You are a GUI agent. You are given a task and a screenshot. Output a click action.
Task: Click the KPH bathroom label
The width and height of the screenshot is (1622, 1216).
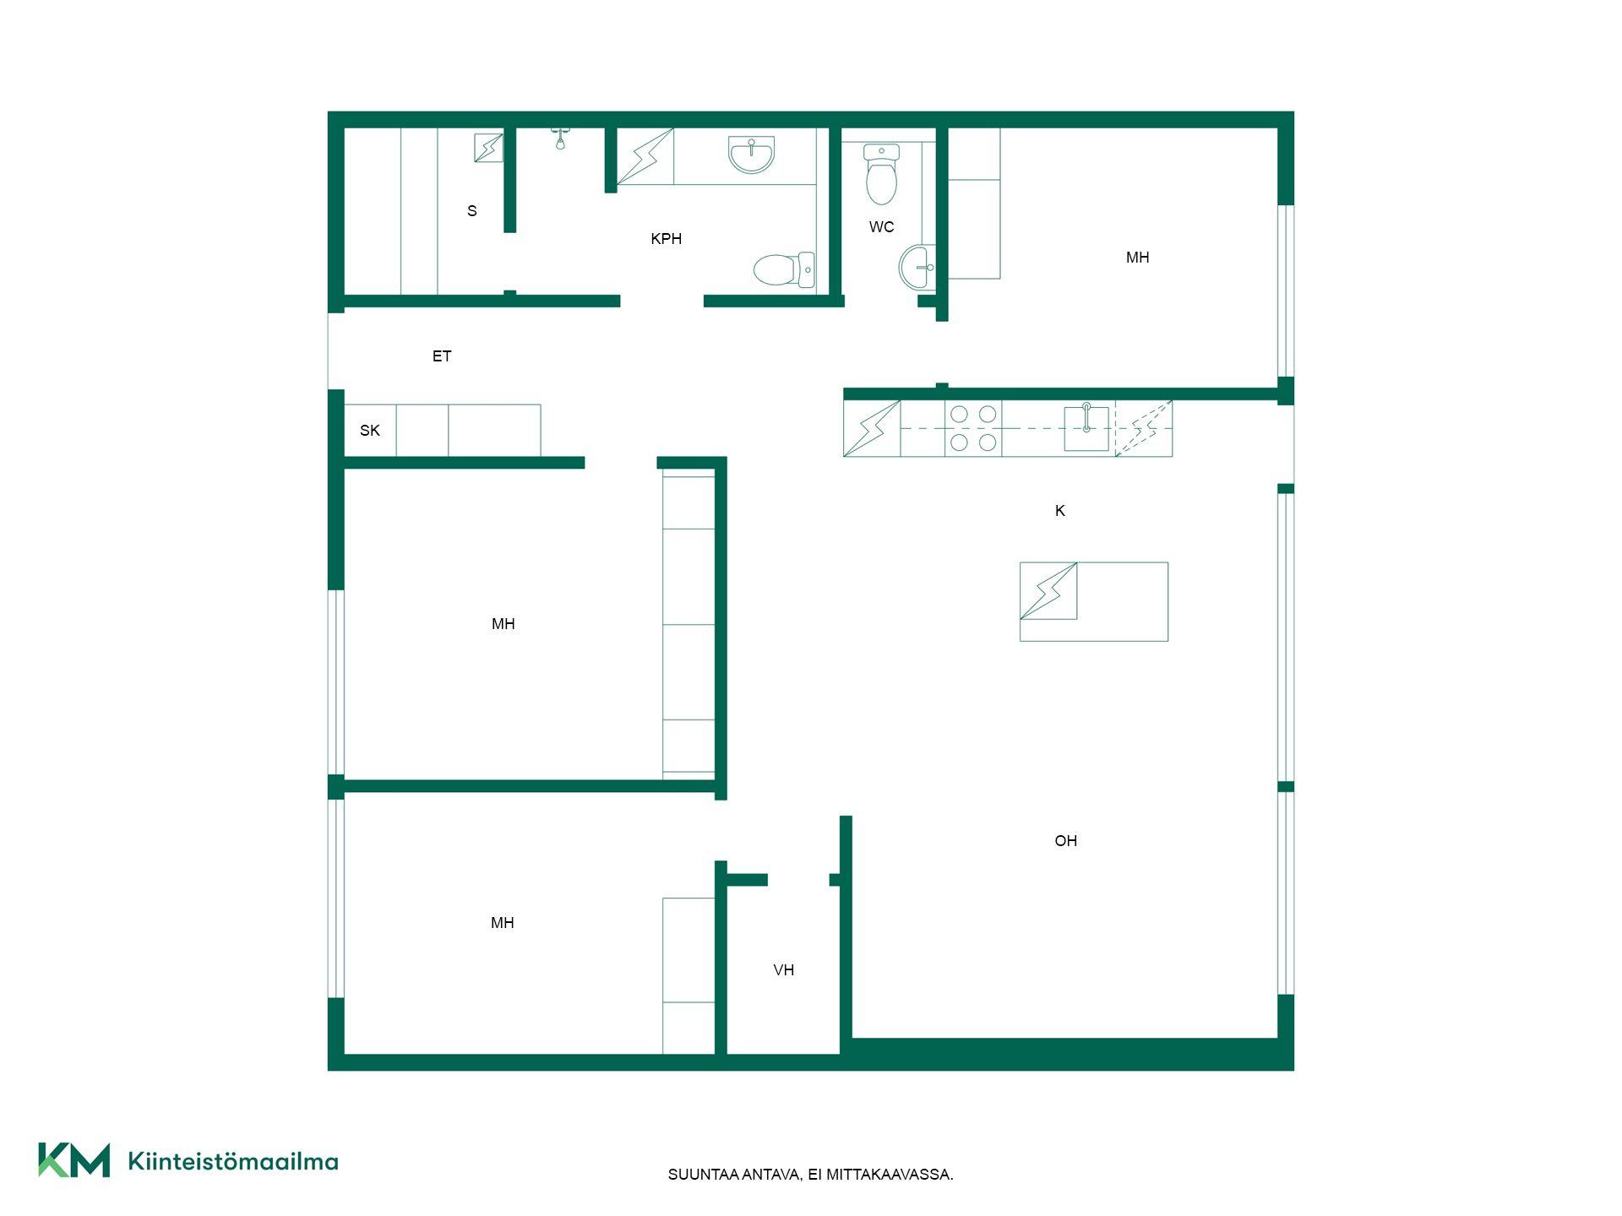pos(666,239)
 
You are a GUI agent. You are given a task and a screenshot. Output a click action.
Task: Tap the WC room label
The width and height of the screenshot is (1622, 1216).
pos(881,227)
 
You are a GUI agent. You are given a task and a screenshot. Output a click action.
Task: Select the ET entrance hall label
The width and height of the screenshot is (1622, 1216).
pos(442,356)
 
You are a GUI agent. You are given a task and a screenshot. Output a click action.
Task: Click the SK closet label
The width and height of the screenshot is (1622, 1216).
pos(370,431)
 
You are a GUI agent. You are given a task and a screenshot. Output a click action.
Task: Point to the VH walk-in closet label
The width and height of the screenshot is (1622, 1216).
pos(784,970)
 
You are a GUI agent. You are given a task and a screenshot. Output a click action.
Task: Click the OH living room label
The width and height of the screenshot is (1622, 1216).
pos(1066,841)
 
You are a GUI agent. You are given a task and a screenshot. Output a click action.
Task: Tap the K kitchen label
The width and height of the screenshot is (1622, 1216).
pos(1060,511)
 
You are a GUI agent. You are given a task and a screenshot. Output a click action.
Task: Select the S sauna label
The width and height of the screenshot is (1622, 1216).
pos(472,211)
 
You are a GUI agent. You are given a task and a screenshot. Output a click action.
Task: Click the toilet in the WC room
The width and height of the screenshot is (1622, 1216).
pos(881,174)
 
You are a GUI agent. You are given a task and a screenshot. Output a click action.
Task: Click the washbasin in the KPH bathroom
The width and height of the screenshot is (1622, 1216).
pos(751,155)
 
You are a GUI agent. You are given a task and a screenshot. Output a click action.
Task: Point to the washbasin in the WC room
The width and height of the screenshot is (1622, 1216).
pos(917,267)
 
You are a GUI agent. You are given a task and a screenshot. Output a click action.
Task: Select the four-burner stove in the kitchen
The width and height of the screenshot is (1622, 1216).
pos(973,428)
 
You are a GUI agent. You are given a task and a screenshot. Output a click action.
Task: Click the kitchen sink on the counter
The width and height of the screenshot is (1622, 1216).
pos(1086,428)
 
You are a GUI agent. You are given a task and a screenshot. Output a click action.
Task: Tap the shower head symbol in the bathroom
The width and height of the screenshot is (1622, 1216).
pos(560,138)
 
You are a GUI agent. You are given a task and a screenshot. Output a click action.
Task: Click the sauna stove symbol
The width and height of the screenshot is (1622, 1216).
pos(488,148)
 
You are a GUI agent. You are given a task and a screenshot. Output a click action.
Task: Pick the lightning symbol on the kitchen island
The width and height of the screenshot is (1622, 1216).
pos(1048,591)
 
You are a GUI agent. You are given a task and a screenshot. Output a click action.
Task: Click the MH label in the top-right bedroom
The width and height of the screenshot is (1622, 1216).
pos(1137,258)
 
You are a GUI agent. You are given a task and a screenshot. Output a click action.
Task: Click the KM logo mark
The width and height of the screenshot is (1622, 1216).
pos(74,1159)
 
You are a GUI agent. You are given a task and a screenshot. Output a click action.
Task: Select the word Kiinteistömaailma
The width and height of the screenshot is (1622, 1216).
pos(233,1162)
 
